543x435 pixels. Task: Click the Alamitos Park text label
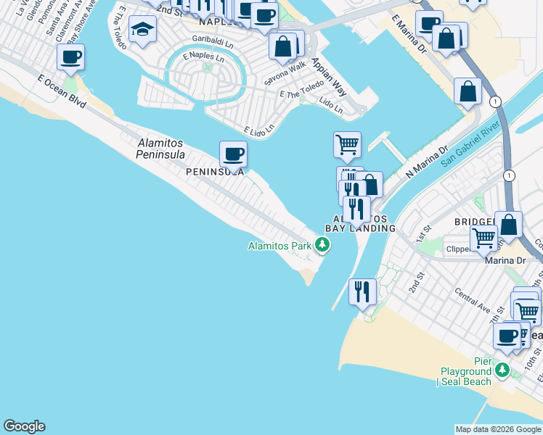click(x=279, y=246)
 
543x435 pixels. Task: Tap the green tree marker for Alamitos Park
click(x=322, y=246)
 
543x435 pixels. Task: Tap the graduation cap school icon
click(x=142, y=30)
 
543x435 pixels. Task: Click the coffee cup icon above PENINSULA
click(x=233, y=154)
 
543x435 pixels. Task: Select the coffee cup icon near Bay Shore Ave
click(x=71, y=57)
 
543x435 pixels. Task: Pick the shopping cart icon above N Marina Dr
click(x=347, y=144)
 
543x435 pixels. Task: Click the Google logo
click(x=24, y=426)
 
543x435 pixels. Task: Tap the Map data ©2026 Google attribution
click(x=497, y=429)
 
